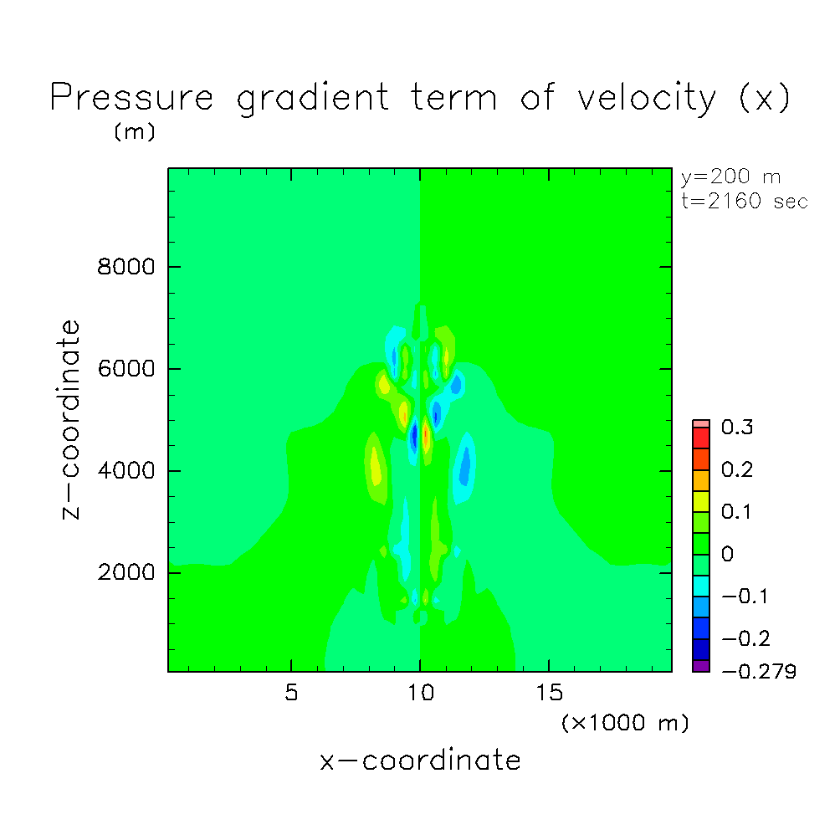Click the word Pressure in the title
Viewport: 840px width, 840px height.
(x=132, y=97)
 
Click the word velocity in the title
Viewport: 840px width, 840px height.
(x=647, y=99)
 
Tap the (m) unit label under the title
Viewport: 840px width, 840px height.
(x=135, y=131)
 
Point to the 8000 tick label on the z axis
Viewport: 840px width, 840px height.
(x=125, y=266)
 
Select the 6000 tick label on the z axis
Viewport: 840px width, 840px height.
(x=125, y=369)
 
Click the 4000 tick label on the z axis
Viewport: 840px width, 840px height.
(x=125, y=470)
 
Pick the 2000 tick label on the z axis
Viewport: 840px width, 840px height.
(x=125, y=572)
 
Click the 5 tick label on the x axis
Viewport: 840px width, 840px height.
(x=291, y=693)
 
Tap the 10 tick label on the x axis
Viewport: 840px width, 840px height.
(x=421, y=693)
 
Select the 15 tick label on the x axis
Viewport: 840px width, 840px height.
(x=549, y=693)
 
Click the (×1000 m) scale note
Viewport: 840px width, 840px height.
(x=625, y=723)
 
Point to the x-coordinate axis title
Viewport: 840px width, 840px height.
(x=421, y=761)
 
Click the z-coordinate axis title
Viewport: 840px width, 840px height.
(x=71, y=419)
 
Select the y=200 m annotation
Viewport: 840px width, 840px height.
(x=730, y=177)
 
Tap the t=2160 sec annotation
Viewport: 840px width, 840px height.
(x=745, y=202)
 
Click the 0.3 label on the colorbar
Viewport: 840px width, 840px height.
(x=737, y=428)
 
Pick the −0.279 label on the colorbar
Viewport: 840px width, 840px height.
(x=759, y=671)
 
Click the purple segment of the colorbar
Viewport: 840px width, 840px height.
(x=701, y=666)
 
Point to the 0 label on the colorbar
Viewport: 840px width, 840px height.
(x=727, y=554)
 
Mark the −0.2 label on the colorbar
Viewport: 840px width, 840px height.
(x=745, y=638)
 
